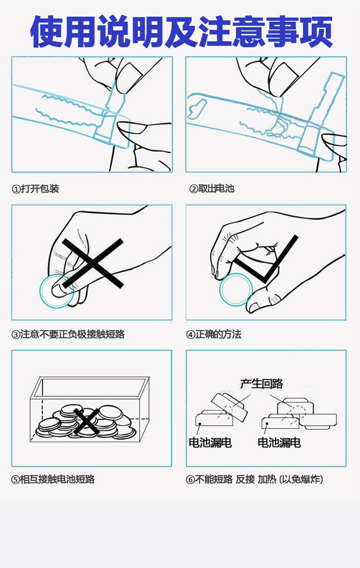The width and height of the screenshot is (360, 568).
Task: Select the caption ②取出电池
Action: [212, 189]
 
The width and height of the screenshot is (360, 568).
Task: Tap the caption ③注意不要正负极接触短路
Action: [68, 334]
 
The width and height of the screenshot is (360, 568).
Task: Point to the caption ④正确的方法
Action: [214, 334]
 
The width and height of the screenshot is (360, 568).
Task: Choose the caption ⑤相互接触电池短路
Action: [53, 479]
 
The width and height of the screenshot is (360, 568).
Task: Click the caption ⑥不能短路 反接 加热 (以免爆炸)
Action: [254, 479]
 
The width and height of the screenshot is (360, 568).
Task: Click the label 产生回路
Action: [262, 384]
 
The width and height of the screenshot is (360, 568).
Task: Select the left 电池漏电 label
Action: [210, 442]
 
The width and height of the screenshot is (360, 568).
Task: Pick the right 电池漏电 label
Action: [279, 442]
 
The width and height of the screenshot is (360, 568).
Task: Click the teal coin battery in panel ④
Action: [236, 290]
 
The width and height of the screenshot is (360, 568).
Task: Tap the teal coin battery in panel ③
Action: [56, 291]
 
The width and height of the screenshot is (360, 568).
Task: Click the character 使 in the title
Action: [47, 32]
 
